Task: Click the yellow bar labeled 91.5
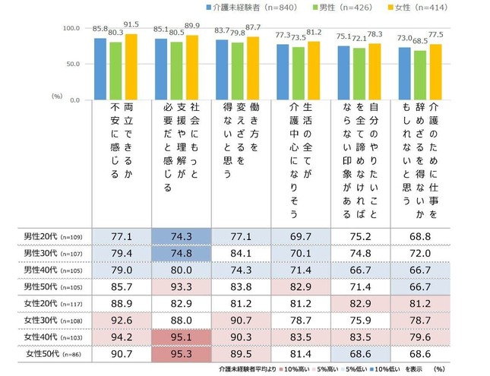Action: click(131, 67)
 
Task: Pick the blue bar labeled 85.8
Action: click(100, 69)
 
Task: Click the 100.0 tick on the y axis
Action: click(69, 28)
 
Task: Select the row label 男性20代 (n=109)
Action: click(53, 237)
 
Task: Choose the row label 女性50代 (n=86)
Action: click(53, 353)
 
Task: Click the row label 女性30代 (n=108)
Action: click(53, 320)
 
